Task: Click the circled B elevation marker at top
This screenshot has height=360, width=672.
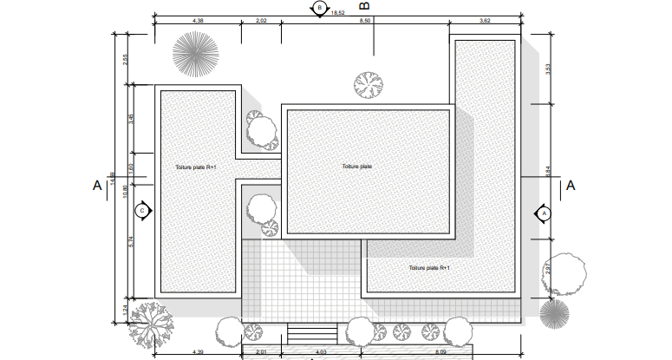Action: coord(320,8)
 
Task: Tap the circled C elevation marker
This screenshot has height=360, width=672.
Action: coord(143,210)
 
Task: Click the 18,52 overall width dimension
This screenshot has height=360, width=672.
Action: coord(337,14)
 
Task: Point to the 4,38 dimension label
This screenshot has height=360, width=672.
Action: coord(197,20)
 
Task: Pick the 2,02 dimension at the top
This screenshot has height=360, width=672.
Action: coord(261,20)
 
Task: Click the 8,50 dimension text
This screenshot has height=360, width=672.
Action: coord(365,20)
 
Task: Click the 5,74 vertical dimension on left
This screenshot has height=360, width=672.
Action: coord(131,244)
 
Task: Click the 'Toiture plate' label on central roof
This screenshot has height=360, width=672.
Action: coord(356,167)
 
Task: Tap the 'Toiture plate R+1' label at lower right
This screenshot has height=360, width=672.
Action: coord(429,268)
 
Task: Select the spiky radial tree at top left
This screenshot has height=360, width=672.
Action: coord(194,54)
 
